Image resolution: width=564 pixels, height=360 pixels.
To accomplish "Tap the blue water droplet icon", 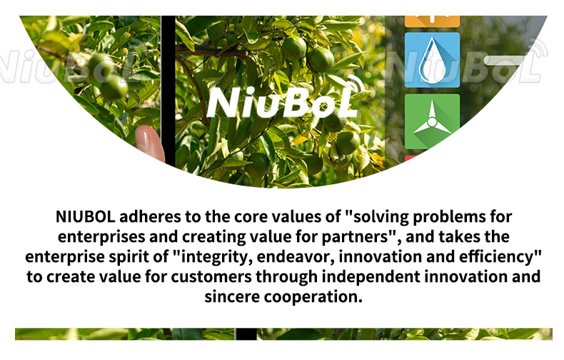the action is tap(432, 60).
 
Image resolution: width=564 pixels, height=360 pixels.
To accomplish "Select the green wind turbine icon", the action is tap(432, 121).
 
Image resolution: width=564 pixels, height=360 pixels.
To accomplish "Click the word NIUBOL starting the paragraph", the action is tap(86, 216).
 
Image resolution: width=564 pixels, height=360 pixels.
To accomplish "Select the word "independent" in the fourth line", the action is tap(371, 277).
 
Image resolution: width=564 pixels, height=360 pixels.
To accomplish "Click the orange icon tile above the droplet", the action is tap(432, 21).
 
